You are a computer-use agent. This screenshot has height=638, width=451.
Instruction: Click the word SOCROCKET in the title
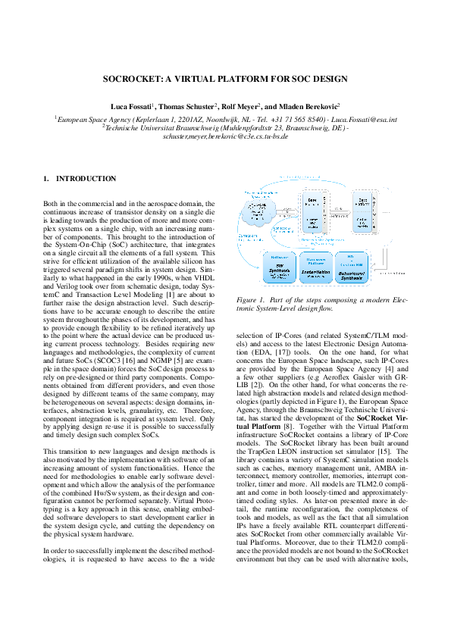[x=132, y=79]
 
